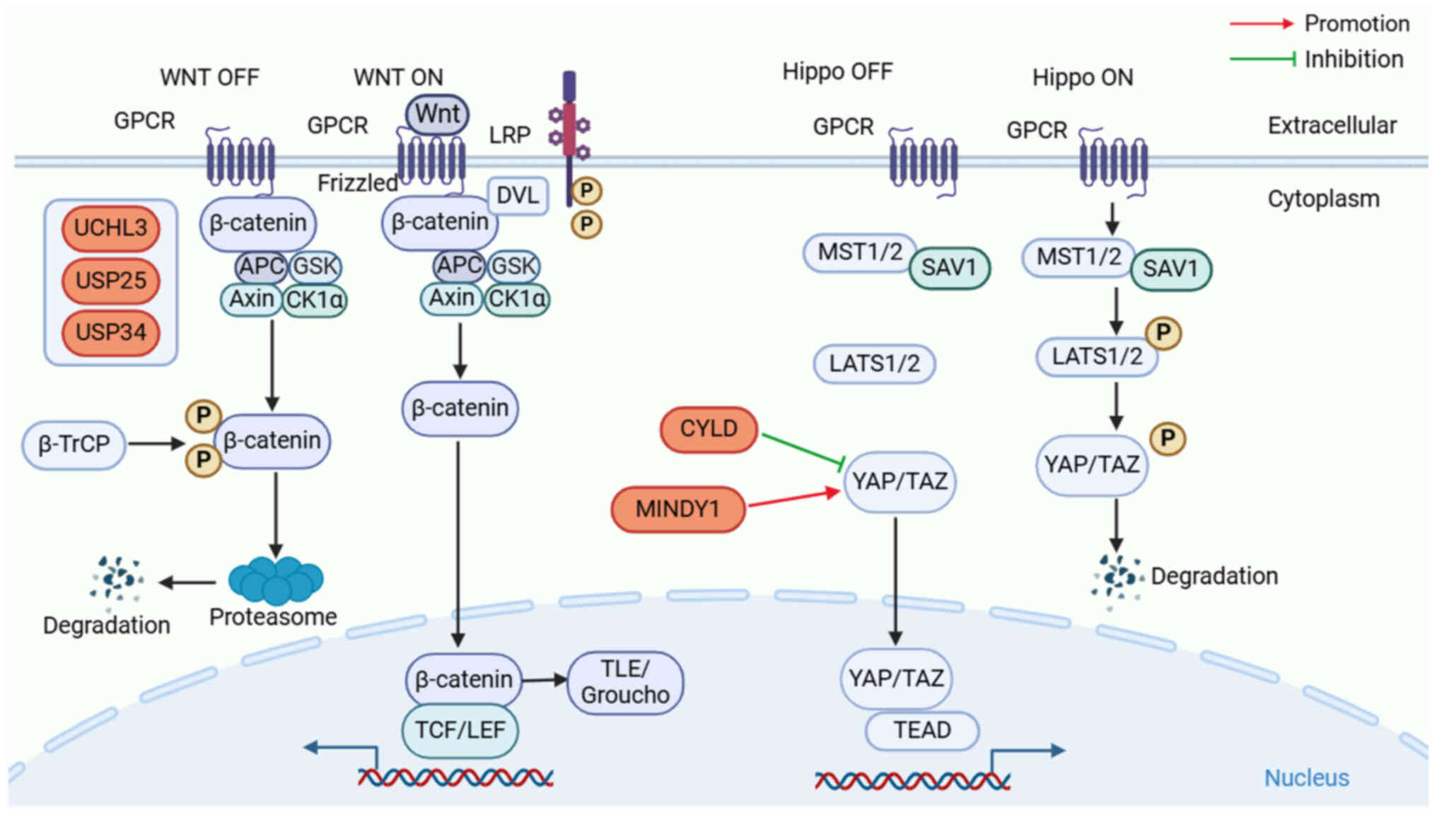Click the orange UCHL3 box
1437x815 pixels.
pos(110,228)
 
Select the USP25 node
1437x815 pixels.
pos(110,281)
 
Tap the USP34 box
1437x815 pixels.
pos(110,332)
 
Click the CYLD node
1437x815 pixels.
pos(708,429)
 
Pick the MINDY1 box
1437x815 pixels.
pos(677,509)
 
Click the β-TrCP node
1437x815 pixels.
pos(74,445)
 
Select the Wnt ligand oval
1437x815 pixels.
pos(437,114)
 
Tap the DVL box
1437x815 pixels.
pos(518,195)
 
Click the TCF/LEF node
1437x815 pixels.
pos(460,729)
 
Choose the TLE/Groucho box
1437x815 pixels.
pos(625,683)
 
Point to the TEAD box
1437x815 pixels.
pos(921,730)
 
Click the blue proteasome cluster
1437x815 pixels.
pos(276,580)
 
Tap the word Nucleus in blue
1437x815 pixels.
pos(1306,778)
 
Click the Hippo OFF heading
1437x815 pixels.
pos(837,71)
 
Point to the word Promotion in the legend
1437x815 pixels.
pos(1356,23)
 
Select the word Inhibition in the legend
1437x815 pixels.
pos(1354,59)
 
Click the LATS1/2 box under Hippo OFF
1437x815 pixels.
pos(874,364)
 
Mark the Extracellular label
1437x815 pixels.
pos(1332,126)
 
